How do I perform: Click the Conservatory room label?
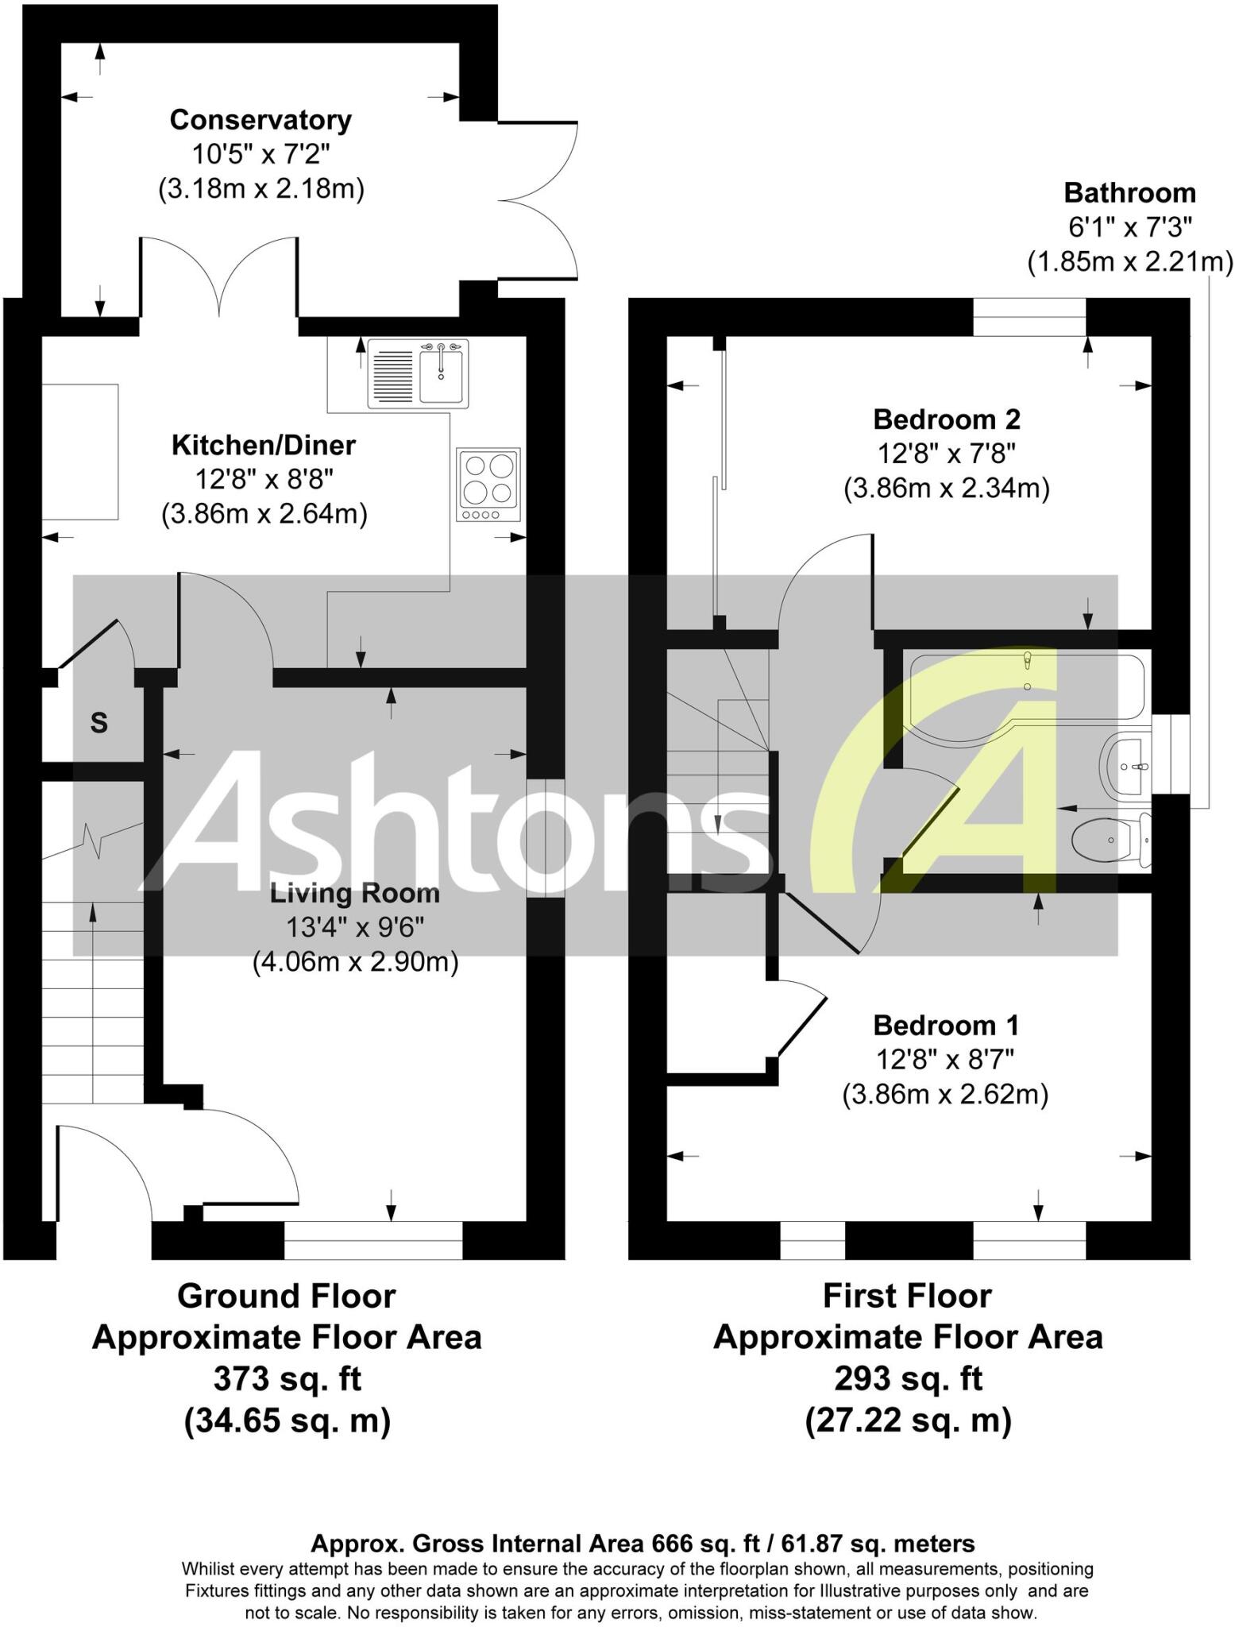tap(261, 121)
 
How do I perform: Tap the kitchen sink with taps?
tap(418, 373)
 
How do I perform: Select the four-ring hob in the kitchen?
tap(488, 484)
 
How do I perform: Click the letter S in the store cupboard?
tap(98, 723)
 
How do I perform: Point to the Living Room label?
tap(354, 893)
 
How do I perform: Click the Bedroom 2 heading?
tap(947, 419)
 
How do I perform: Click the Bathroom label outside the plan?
tap(1129, 193)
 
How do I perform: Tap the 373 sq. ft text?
tap(287, 1379)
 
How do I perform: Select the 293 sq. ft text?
tap(908, 1379)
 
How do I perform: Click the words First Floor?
tap(907, 1296)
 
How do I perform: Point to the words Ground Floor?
tap(286, 1296)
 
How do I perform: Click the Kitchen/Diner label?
tap(264, 445)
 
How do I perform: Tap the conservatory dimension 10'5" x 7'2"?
tap(261, 154)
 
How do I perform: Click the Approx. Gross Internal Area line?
tap(642, 1544)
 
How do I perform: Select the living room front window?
tap(373, 1240)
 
